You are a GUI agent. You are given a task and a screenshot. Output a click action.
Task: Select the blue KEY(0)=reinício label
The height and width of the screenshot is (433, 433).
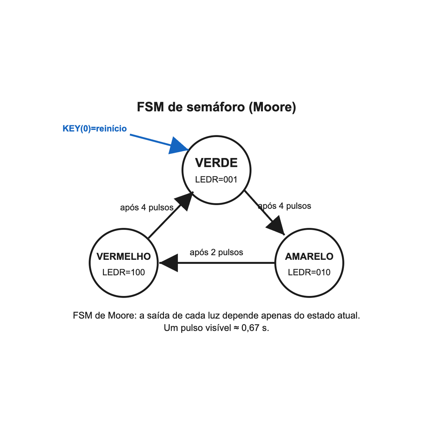pos(95,129)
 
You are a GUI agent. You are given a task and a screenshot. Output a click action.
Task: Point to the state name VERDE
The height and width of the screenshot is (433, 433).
pos(216,163)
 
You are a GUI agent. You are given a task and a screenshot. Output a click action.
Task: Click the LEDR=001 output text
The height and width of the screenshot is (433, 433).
pos(216,180)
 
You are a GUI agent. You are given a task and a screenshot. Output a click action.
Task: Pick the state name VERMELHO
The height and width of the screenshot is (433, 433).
pos(123,256)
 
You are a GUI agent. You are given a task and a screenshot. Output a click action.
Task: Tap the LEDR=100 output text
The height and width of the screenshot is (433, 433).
pos(123,272)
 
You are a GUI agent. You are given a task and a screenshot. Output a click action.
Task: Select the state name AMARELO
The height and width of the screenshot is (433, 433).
pos(309,256)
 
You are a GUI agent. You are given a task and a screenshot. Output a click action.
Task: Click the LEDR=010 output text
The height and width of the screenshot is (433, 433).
pos(309,272)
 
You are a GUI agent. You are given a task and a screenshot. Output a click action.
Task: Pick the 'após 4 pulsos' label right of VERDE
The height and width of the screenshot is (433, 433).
pos(284,206)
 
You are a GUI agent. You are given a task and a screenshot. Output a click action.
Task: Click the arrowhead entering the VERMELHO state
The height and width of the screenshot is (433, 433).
pos(168,263)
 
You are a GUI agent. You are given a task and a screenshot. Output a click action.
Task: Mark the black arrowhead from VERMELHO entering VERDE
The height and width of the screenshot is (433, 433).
pos(185,201)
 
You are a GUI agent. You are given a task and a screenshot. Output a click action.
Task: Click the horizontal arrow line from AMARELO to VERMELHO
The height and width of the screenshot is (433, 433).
pos(217,263)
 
